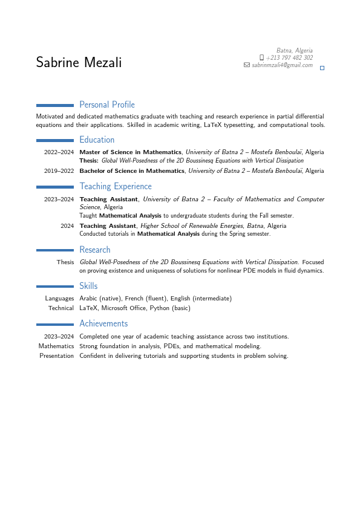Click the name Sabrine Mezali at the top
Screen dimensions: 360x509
79,62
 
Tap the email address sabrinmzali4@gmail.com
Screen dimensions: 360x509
282,65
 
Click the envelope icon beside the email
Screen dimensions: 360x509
246,65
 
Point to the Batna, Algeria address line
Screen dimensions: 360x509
295,50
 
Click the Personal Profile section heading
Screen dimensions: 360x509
107,105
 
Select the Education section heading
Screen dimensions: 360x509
97,140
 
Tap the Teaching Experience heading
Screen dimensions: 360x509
116,186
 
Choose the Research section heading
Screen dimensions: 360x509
95,250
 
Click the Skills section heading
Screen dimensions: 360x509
88,286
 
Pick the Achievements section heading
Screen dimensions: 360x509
103,323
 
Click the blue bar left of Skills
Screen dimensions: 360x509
55,287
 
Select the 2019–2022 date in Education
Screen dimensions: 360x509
59,171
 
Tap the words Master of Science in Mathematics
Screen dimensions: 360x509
131,152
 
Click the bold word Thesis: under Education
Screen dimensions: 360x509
89,161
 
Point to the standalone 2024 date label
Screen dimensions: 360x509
67,226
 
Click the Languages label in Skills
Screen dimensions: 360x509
59,299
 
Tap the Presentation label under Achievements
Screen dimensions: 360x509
57,356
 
